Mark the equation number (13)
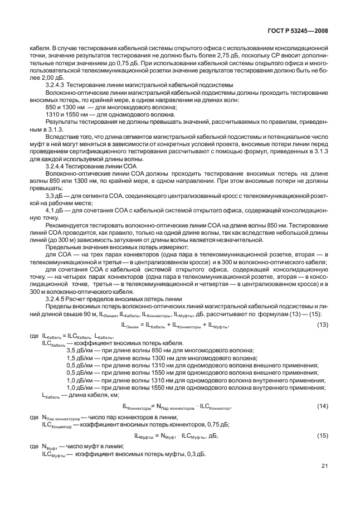(323, 325)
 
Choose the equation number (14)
(323, 406)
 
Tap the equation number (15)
(323, 435)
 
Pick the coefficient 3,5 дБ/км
(81, 350)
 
